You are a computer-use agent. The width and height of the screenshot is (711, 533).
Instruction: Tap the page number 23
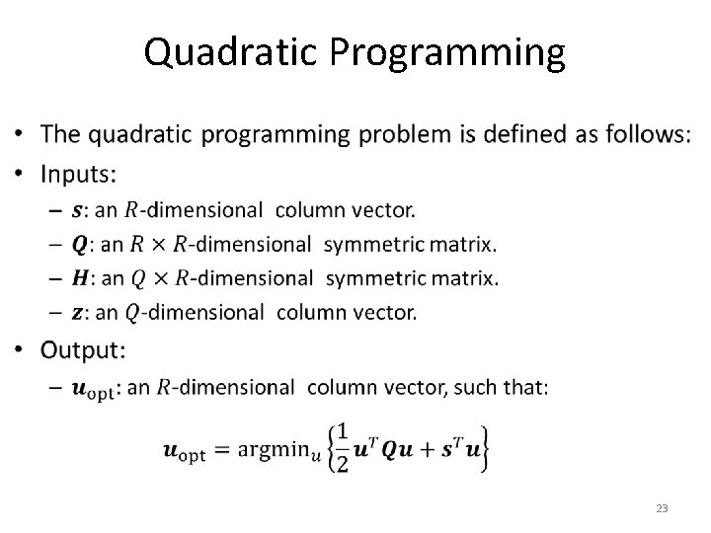(662, 508)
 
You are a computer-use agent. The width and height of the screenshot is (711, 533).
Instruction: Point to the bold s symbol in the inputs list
(77, 210)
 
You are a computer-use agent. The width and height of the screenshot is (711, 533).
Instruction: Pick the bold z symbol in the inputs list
(77, 313)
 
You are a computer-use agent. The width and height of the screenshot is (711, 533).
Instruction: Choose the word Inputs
(77, 175)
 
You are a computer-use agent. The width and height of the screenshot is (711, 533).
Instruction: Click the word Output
(82, 350)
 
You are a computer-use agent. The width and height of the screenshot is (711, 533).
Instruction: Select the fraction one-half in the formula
(344, 448)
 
